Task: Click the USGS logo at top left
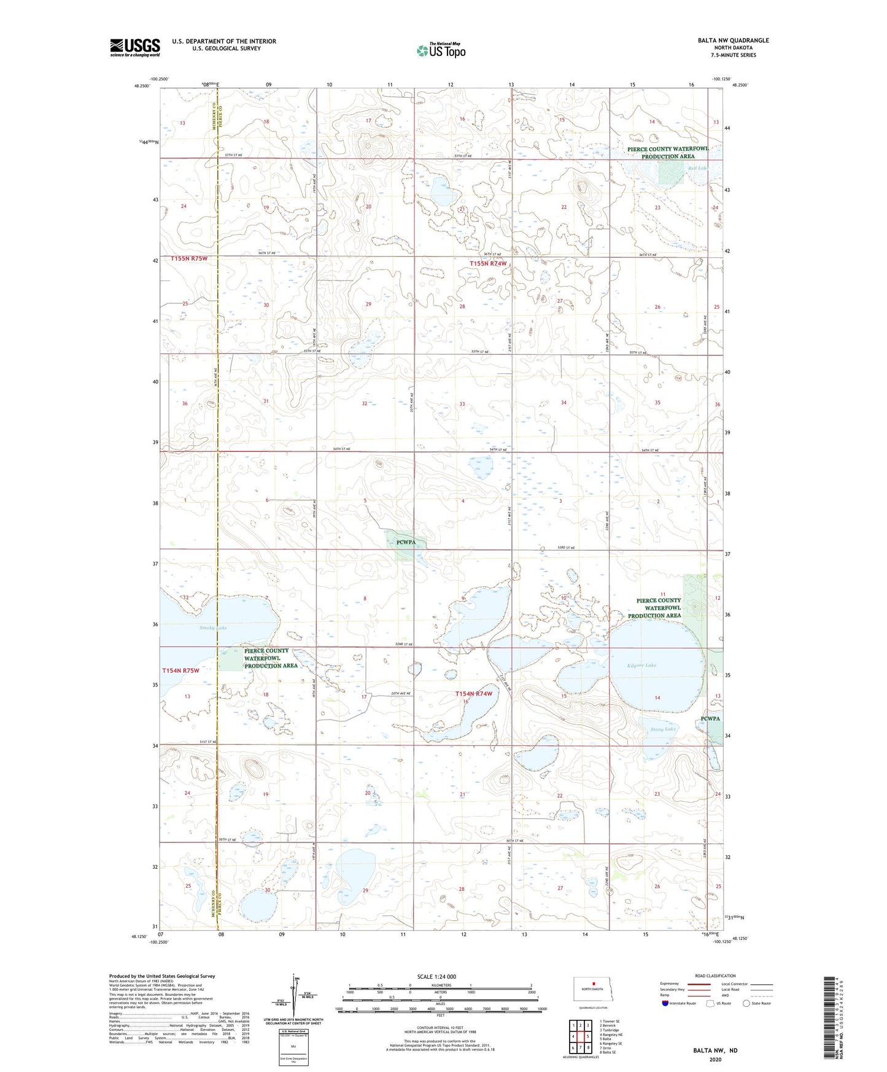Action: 134,47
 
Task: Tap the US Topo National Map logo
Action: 441,50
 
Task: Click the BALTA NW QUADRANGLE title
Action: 732,41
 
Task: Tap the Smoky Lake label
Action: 212,627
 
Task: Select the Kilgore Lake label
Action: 641,665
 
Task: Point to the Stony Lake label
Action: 662,729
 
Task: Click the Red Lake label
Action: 697,168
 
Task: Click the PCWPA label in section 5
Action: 406,542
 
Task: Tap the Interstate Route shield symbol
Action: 665,1003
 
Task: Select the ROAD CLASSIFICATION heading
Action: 715,976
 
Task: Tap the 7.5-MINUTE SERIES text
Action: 735,55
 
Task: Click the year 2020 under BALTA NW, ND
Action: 715,1059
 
